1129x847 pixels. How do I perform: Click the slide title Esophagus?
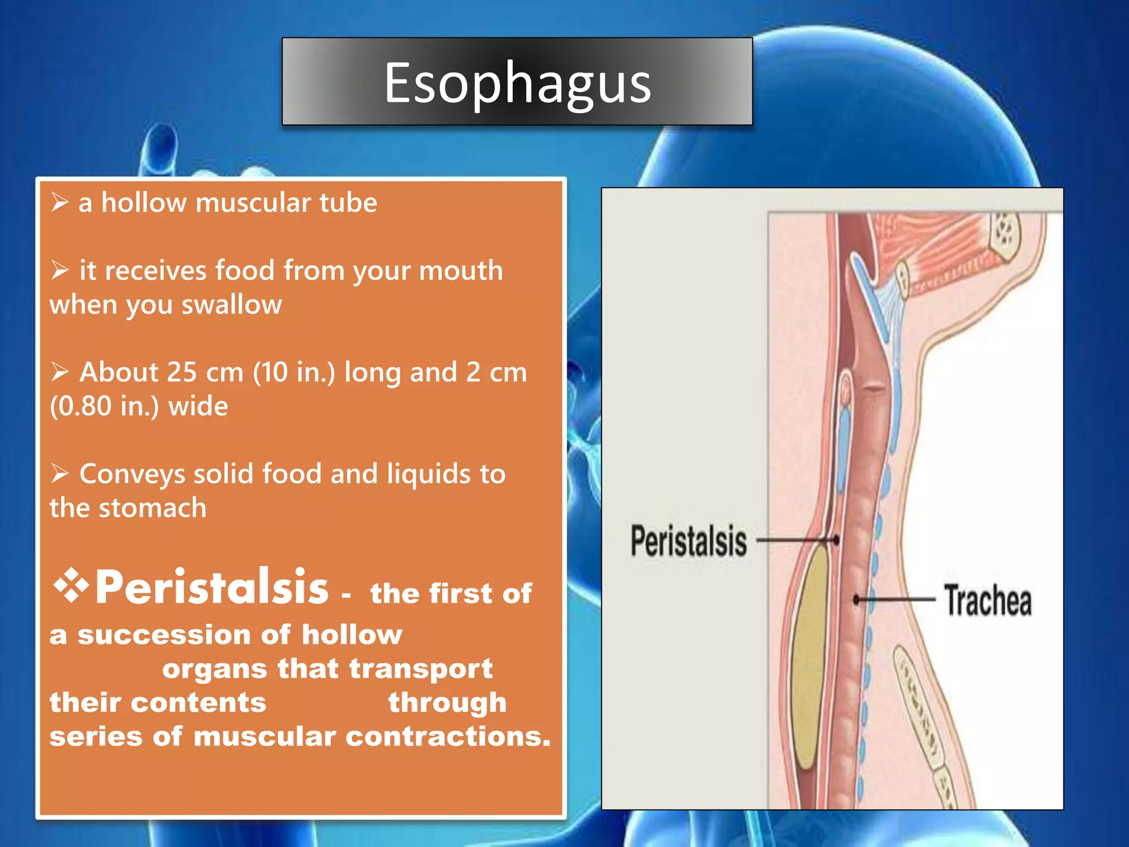(517, 83)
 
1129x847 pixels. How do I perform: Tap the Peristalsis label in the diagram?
(689, 541)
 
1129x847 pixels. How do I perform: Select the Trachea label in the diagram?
(988, 601)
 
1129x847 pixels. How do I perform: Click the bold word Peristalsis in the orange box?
(212, 587)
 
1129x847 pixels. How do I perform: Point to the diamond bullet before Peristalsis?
(71, 585)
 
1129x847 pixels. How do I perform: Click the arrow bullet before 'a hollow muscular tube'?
(60, 202)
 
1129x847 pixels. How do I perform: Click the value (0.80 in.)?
(104, 406)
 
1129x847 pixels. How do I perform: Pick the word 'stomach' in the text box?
(153, 508)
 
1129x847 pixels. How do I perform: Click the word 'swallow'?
(232, 305)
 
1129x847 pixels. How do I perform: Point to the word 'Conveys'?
(132, 474)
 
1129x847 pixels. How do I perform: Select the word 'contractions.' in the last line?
(448, 737)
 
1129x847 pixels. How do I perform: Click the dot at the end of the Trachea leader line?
(857, 599)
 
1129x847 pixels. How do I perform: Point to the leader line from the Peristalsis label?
(794, 540)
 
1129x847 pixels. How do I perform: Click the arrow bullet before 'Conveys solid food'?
(60, 474)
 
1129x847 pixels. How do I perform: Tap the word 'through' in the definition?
(447, 703)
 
